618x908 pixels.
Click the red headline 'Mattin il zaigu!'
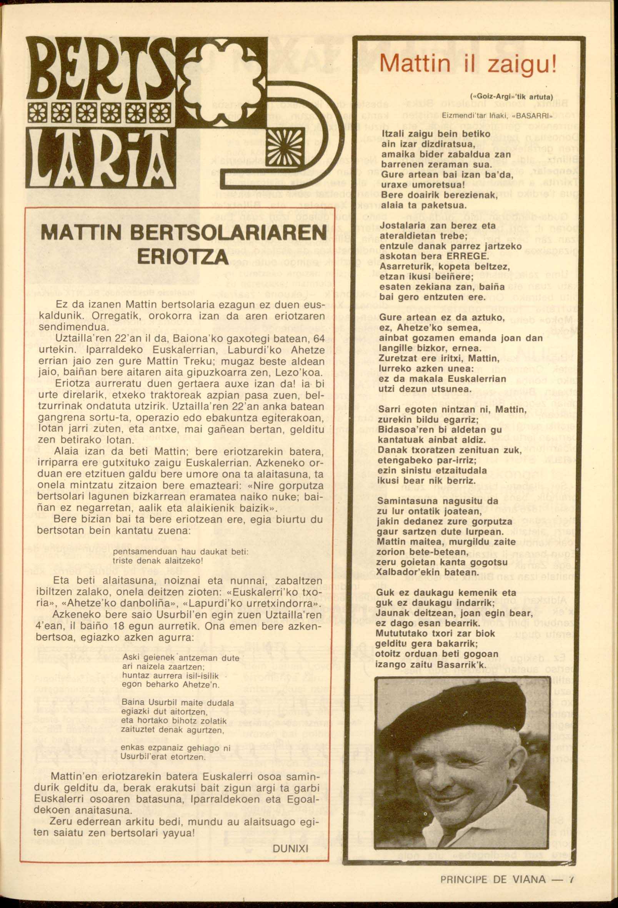point(467,63)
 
